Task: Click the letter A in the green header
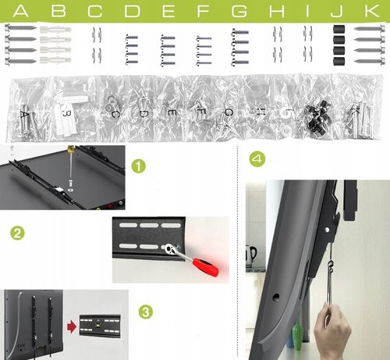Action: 20,12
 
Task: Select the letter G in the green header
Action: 239,12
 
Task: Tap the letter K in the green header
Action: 372,12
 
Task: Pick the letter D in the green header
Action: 133,12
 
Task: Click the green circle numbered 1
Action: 139,166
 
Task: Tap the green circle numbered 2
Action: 17,233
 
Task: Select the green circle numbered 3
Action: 146,312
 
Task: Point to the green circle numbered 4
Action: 257,159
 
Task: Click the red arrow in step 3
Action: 72,327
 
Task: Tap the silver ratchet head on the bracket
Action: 171,249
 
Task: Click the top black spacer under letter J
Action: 339,29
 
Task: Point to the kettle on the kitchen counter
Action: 250,256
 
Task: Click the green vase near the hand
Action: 297,336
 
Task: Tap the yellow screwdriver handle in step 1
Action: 70,149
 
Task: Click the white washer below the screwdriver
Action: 70,190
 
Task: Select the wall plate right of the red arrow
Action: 100,326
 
